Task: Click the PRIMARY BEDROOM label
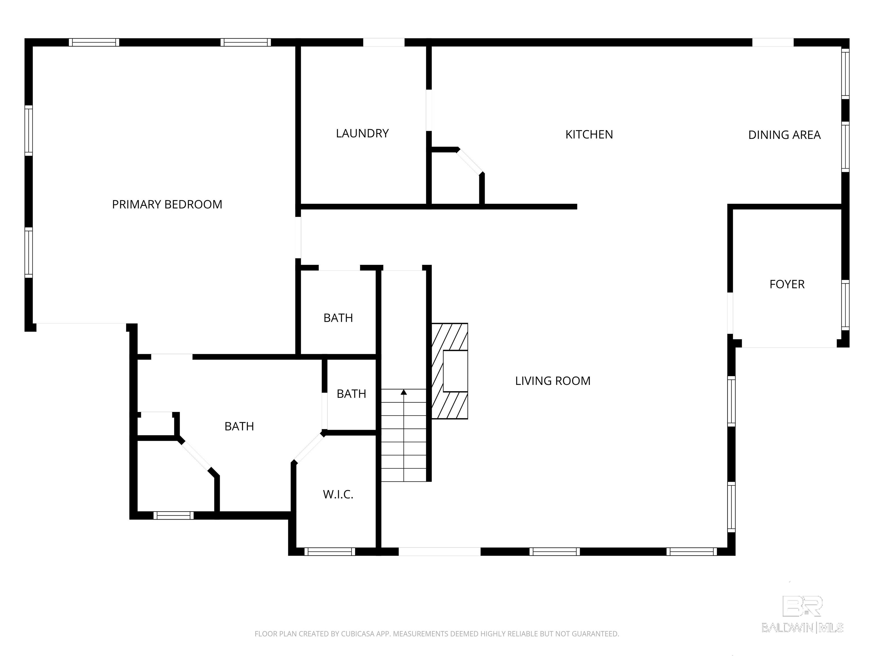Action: pos(167,204)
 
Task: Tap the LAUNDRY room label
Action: pos(362,134)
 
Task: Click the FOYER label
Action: pos(787,284)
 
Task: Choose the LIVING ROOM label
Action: pos(553,381)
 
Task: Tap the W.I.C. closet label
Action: pos(338,494)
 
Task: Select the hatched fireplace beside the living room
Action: pos(449,371)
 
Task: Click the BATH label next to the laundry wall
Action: pos(338,318)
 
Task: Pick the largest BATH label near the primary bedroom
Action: pos(239,426)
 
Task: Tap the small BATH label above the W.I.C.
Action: pos(351,394)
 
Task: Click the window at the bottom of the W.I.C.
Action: pos(329,552)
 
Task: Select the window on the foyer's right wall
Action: pos(845,305)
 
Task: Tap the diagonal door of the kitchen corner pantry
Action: pos(470,161)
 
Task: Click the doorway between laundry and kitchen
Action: pos(429,110)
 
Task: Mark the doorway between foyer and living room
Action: pos(730,313)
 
